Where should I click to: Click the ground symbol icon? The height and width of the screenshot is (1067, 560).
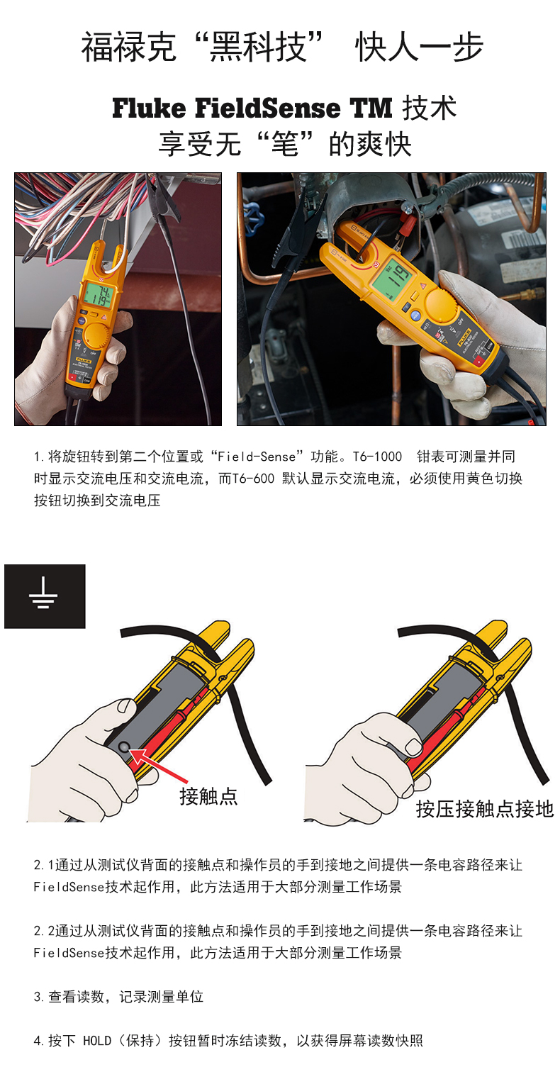[x=45, y=596]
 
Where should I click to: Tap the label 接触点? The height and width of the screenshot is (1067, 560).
[x=208, y=795]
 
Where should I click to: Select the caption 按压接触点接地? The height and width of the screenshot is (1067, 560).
[x=484, y=808]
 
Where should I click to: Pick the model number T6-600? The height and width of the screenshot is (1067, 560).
[x=253, y=479]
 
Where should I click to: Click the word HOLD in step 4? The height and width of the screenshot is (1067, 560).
[x=97, y=1041]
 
